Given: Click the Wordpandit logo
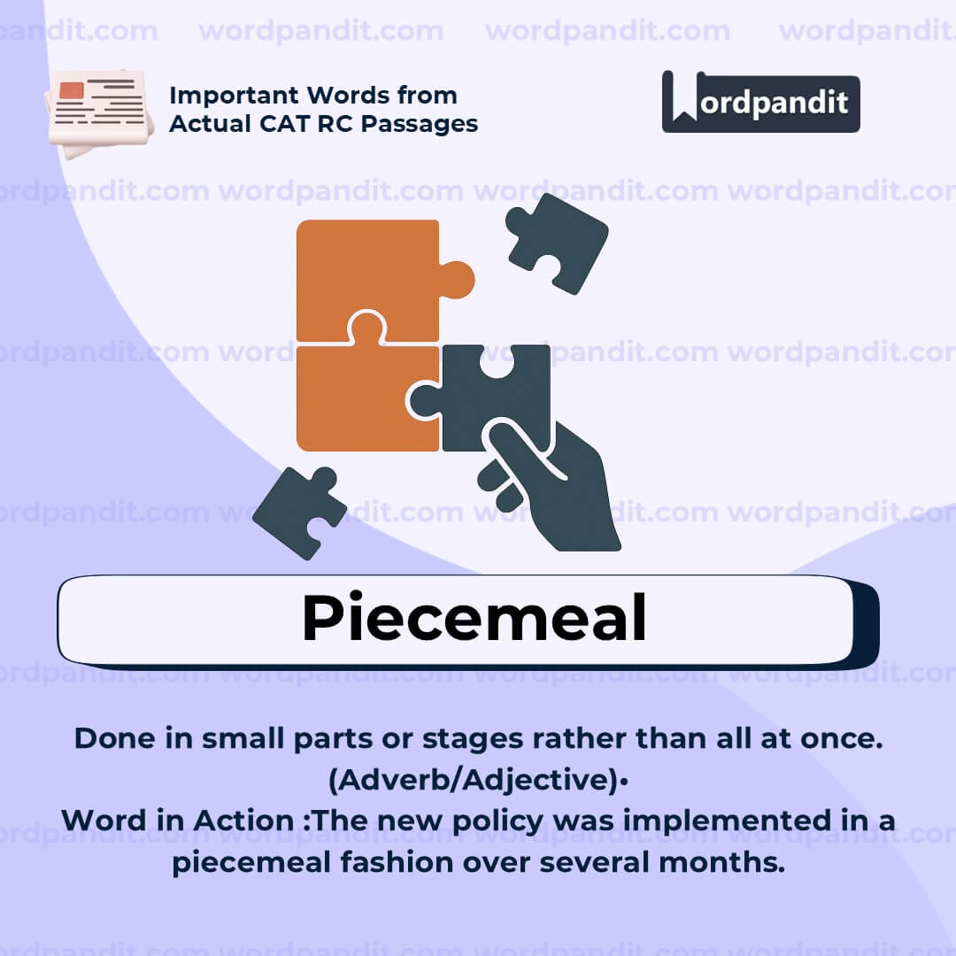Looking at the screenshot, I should (760, 102).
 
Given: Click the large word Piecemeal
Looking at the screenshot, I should (474, 618).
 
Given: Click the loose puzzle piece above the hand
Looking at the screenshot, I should (557, 241).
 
